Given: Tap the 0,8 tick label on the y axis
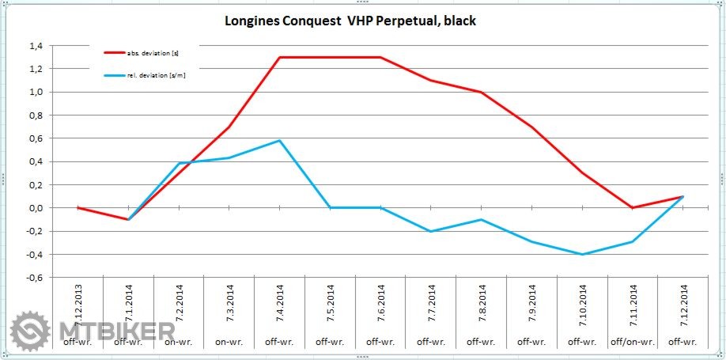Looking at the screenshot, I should (35, 116).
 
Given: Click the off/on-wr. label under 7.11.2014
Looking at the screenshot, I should (632, 342).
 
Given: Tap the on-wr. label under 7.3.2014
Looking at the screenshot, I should (229, 342).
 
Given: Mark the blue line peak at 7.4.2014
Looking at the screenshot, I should (279, 141).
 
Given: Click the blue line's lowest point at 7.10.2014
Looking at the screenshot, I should (581, 254).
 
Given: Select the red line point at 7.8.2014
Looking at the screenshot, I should (481, 93).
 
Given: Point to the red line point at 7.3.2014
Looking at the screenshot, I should (229, 127).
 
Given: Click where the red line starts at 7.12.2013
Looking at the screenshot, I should (78, 208).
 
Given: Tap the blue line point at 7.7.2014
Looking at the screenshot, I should (430, 231).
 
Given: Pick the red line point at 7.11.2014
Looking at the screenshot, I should (632, 208).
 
